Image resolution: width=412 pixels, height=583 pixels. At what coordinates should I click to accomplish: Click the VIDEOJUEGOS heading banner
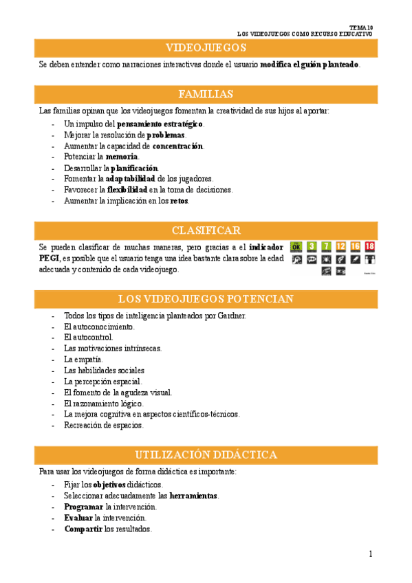(206, 47)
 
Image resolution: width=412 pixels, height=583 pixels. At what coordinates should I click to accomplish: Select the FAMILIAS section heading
(206, 94)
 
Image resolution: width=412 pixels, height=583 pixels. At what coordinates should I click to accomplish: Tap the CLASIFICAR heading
(206, 230)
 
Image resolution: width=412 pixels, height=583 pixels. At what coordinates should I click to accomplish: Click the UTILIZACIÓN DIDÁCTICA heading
(206, 454)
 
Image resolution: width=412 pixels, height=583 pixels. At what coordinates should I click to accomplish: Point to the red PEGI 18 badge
(370, 247)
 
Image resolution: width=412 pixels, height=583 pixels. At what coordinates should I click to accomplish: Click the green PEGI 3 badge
(312, 247)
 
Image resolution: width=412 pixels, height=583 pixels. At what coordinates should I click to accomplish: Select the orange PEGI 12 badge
(340, 247)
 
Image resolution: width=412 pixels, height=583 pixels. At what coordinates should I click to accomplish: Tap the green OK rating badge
(296, 247)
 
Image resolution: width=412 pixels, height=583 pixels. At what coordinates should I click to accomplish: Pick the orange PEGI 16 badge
(355, 247)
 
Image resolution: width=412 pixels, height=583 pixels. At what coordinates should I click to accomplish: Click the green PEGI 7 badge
(326, 247)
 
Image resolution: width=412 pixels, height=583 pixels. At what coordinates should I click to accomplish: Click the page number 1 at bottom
(370, 554)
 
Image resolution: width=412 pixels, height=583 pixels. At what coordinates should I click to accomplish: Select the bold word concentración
(177, 146)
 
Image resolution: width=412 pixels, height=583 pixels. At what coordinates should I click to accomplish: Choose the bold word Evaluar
(78, 518)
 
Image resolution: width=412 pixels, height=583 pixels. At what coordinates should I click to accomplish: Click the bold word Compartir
(83, 529)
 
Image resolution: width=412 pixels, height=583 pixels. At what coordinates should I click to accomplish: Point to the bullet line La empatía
(83, 360)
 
